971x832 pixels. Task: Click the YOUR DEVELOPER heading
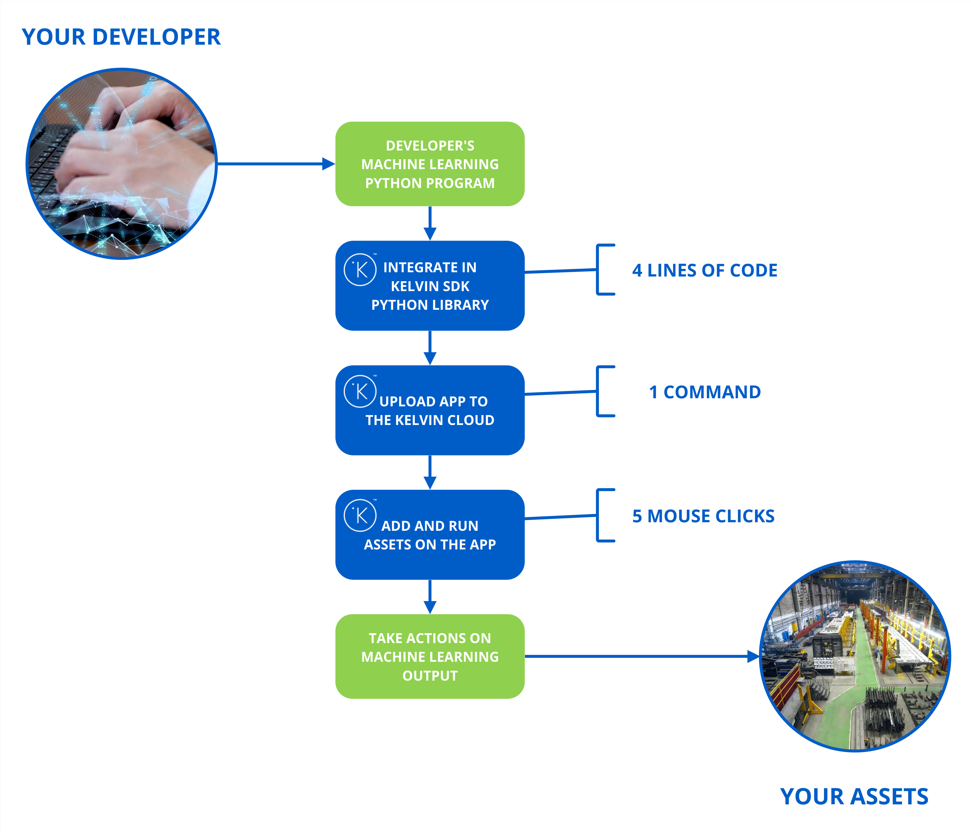coord(121,37)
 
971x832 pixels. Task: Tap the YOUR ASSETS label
coord(854,797)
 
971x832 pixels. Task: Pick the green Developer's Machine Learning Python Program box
coord(430,164)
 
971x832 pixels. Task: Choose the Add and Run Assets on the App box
coord(430,535)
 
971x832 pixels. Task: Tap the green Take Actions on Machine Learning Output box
coord(430,656)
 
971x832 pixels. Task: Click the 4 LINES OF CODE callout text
coord(704,271)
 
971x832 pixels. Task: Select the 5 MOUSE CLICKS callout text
coord(703,516)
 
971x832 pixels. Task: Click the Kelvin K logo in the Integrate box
coord(360,270)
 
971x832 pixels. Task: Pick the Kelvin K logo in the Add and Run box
coord(360,516)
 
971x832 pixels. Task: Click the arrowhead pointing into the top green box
coord(328,164)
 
